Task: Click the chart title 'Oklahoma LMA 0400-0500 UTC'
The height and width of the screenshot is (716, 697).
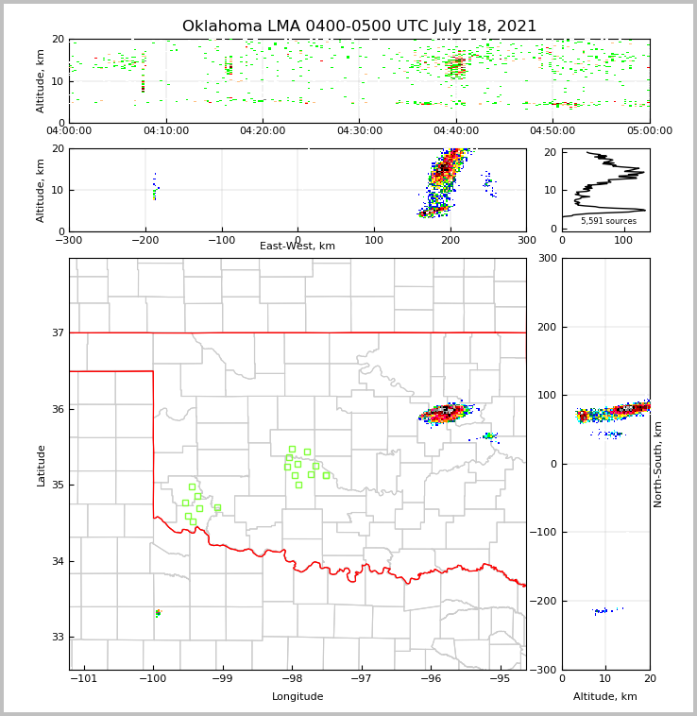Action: (359, 26)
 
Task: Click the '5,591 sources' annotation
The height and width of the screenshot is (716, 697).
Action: (608, 221)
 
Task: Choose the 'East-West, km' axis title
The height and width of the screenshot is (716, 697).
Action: (297, 247)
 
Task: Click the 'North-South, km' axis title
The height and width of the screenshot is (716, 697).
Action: (658, 464)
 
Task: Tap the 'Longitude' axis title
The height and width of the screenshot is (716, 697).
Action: (297, 697)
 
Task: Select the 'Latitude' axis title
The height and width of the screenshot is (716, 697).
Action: (41, 465)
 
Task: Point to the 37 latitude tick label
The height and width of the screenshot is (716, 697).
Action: (59, 332)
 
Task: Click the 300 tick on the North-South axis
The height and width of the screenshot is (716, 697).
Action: (546, 258)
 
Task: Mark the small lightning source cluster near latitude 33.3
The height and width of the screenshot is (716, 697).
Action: (158, 613)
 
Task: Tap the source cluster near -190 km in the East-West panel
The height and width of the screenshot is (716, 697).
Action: (155, 190)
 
